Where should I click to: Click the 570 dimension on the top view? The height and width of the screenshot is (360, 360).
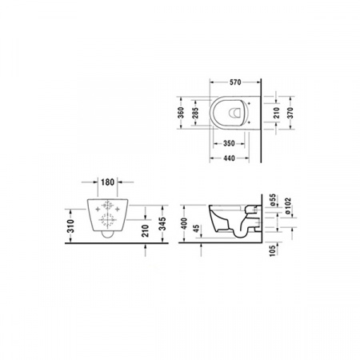click(x=234, y=82)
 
